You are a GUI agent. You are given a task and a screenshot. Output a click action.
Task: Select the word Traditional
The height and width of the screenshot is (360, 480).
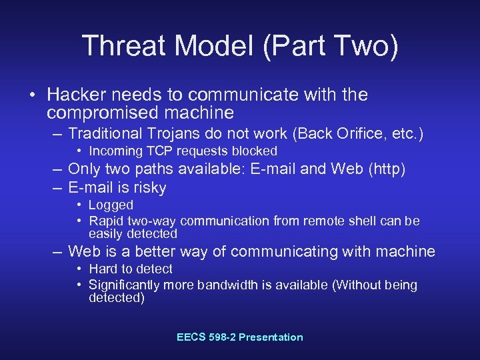click(x=107, y=134)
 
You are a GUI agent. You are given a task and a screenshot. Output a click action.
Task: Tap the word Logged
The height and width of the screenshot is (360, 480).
click(x=111, y=205)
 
